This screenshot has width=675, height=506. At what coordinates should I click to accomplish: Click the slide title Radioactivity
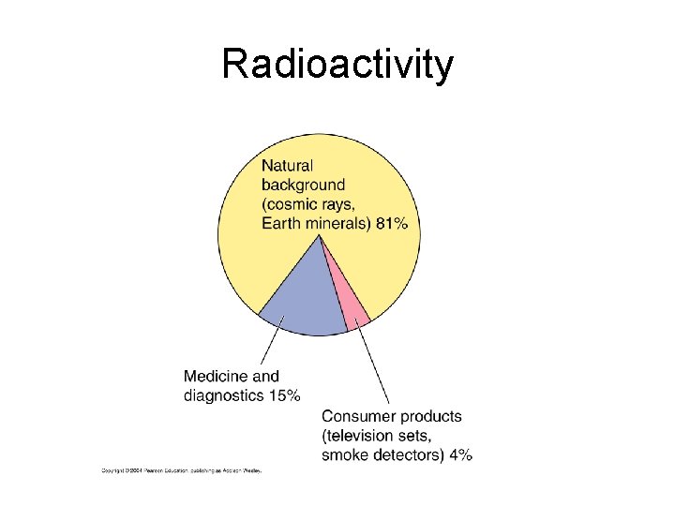[337, 65]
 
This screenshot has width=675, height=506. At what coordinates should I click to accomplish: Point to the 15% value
[285, 395]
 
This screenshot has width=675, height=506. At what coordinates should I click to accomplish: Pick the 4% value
[460, 455]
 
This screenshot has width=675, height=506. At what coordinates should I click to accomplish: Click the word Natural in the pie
[288, 166]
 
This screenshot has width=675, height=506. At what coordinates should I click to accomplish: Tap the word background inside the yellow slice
[303, 185]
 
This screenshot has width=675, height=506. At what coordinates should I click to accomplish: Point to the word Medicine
[217, 377]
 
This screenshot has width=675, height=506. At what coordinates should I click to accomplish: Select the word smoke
[343, 455]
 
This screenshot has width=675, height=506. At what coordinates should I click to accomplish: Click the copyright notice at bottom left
[182, 470]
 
